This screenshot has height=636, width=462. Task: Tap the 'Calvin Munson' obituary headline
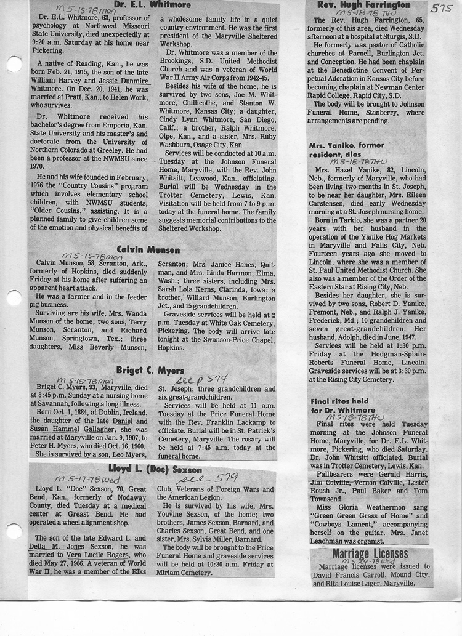pyautogui.click(x=148, y=249)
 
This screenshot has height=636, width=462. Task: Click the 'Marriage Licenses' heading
pyautogui.click(x=370, y=553)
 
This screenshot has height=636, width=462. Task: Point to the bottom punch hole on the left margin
pyautogui.click(x=13, y=531)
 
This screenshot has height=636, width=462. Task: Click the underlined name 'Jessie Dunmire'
pyautogui.click(x=124, y=80)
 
